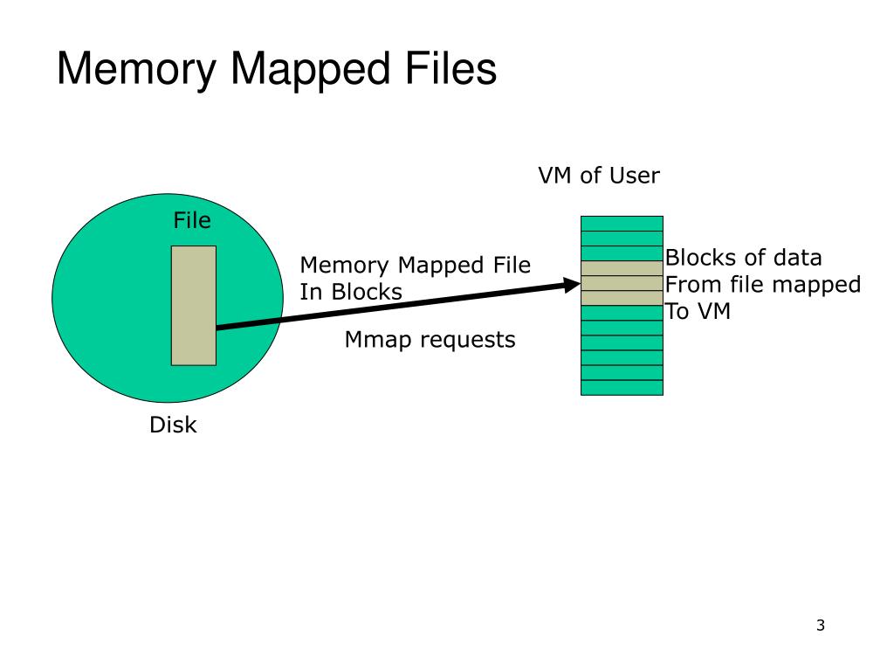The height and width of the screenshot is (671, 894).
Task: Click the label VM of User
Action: [598, 176]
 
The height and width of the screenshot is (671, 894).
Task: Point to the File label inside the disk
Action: [192, 221]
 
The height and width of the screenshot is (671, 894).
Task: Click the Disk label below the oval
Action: [173, 425]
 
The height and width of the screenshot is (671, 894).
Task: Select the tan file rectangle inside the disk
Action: [193, 305]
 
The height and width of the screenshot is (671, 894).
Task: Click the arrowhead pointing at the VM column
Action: [573, 284]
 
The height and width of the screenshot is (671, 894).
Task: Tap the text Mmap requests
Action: [430, 339]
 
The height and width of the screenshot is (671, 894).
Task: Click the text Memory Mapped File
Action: [415, 266]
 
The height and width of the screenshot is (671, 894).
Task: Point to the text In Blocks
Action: [351, 292]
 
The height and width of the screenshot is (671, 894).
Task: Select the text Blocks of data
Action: [743, 258]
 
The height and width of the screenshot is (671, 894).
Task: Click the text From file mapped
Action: [762, 284]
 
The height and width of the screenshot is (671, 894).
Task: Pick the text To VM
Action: [698, 311]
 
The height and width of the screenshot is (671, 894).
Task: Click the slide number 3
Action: [820, 625]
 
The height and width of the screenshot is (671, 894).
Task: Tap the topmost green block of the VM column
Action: [622, 224]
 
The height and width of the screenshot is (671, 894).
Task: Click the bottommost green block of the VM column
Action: [622, 387]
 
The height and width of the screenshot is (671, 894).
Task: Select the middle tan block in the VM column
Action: [622, 283]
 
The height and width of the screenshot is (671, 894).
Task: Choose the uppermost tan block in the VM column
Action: [622, 268]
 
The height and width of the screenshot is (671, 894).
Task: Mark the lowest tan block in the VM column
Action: [622, 298]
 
